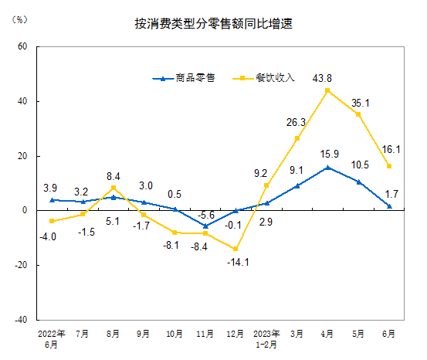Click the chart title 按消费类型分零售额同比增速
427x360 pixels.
click(x=213, y=25)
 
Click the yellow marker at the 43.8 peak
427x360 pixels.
click(x=328, y=90)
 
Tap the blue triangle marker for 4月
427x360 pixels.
click(x=328, y=167)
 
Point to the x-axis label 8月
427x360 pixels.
click(x=113, y=335)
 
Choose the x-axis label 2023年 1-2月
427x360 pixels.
click(x=266, y=338)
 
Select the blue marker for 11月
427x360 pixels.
click(x=205, y=226)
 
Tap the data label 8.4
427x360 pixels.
click(x=113, y=175)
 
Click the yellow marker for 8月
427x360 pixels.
click(x=114, y=188)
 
